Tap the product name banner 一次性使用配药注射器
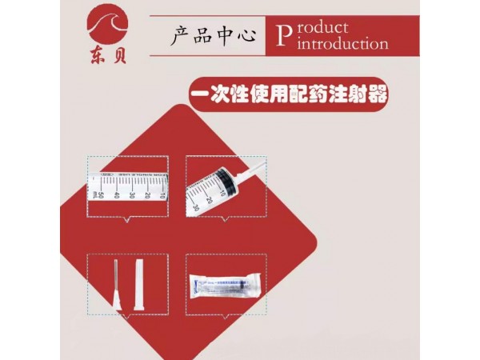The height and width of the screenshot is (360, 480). point(290,94)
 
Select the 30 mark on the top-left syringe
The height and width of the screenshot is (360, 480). point(133,194)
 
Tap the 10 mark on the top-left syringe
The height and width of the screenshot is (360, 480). point(162,194)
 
